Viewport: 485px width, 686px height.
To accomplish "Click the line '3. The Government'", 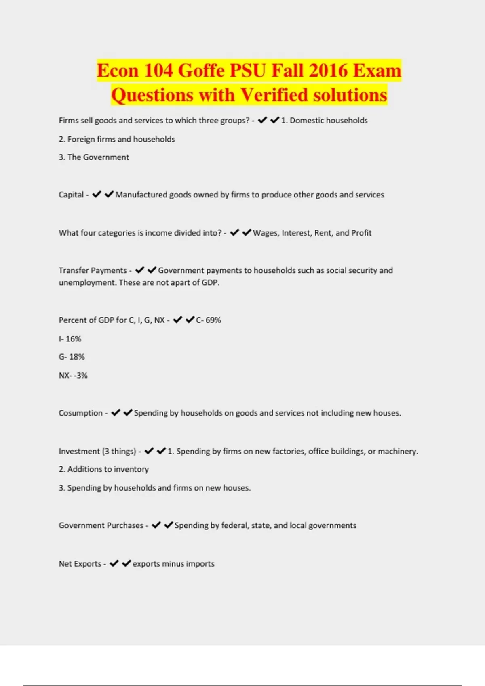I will click(x=94, y=157).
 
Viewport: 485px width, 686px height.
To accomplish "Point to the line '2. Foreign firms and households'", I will click(x=117, y=139).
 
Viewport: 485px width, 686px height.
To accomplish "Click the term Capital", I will click(x=71, y=195).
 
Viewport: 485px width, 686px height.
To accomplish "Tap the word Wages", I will click(x=265, y=233).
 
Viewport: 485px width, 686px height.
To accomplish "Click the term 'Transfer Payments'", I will click(x=93, y=270).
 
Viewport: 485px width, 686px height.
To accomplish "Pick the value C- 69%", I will click(x=209, y=320).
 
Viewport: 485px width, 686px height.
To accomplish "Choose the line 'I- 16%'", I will click(x=70, y=339).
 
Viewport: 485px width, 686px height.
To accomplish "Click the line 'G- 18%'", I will click(x=72, y=357).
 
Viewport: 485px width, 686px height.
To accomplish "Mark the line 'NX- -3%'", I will click(x=73, y=375).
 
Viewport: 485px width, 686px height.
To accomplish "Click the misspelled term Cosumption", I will click(x=80, y=413).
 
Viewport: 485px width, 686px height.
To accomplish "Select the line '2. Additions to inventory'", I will click(x=104, y=469).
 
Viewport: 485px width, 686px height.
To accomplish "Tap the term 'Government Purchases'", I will click(x=101, y=525).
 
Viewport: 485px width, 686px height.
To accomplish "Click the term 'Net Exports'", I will click(x=80, y=564).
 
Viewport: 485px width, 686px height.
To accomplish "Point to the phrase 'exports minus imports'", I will click(x=173, y=564).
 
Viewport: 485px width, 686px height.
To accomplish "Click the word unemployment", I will click(x=87, y=283).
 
